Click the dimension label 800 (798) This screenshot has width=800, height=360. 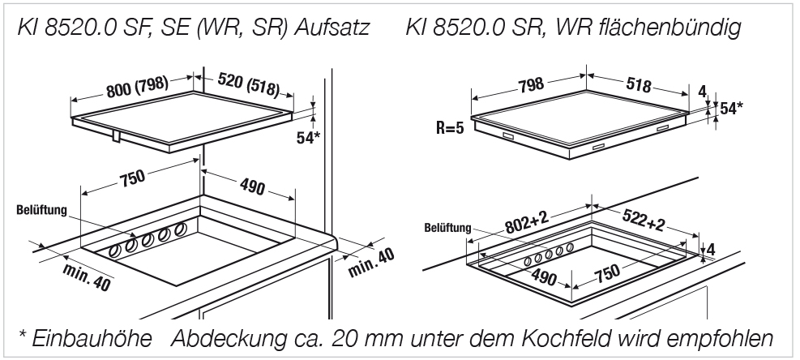(x=137, y=88)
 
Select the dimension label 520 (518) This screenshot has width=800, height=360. (x=249, y=84)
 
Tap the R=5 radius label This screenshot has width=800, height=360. (x=450, y=127)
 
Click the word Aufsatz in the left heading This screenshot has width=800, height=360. (x=332, y=28)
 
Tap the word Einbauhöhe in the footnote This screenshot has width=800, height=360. (x=92, y=338)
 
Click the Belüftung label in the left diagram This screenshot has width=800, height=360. (x=42, y=211)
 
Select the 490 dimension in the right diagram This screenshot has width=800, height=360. (x=544, y=277)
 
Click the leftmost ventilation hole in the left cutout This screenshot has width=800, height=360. (x=116, y=251)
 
